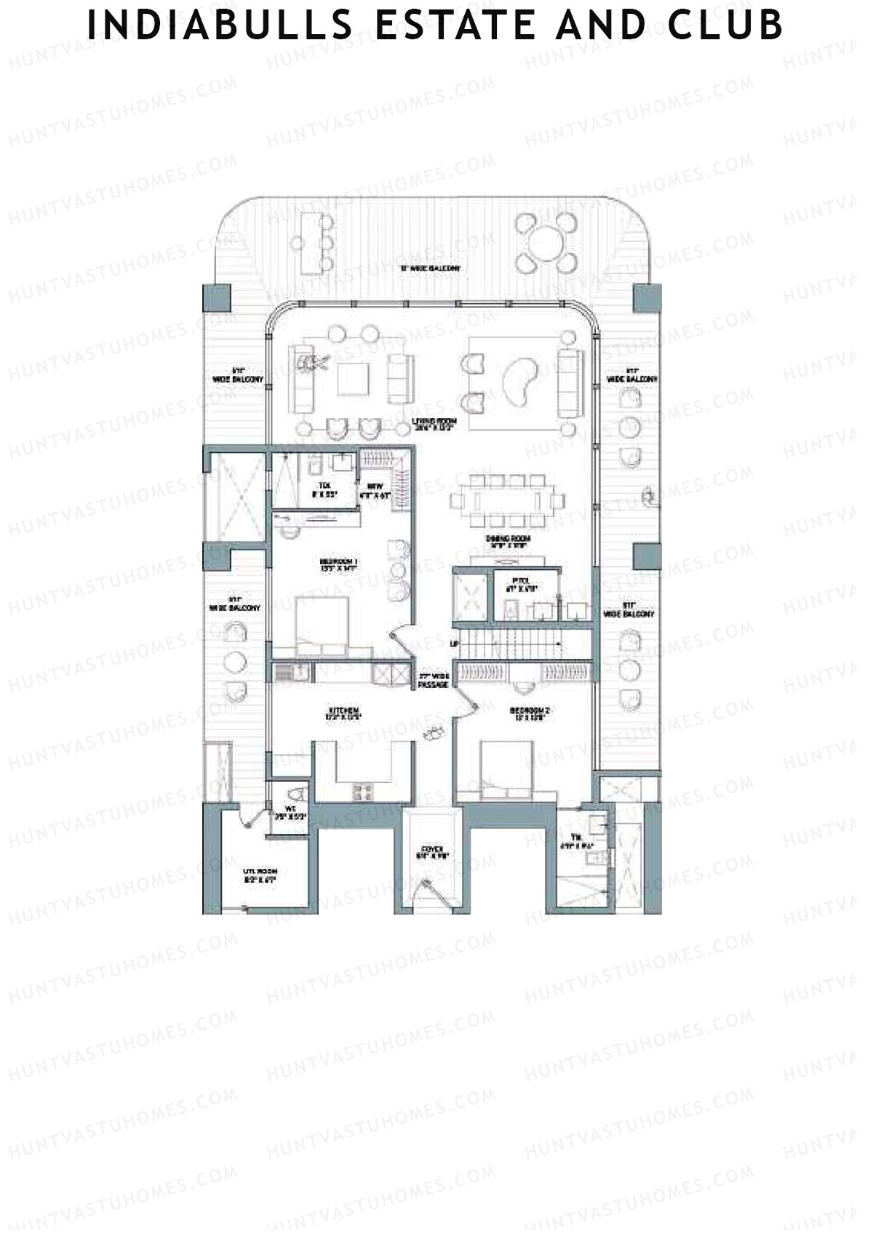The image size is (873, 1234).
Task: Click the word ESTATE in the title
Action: tap(439, 25)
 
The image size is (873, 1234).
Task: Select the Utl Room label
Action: tap(260, 875)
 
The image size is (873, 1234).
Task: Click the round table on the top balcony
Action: tap(549, 242)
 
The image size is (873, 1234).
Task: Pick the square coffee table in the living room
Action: tap(356, 377)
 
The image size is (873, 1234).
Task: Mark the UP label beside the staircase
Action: tap(456, 644)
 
